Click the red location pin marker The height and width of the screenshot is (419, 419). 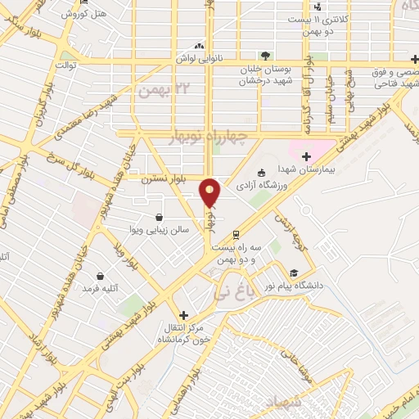click(x=211, y=193)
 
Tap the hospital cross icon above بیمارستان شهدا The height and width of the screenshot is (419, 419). click(x=307, y=155)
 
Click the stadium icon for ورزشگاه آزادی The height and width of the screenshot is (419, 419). click(x=260, y=173)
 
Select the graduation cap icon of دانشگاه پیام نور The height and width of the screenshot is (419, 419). click(x=293, y=273)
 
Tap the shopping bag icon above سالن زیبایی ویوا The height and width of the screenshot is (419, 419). click(x=157, y=218)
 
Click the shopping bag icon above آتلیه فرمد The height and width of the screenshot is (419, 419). click(x=100, y=277)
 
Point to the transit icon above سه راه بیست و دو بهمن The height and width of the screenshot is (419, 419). click(x=237, y=233)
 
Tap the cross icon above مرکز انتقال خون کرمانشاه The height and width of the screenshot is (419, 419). click(x=183, y=314)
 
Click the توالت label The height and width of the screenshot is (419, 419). click(x=65, y=64)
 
